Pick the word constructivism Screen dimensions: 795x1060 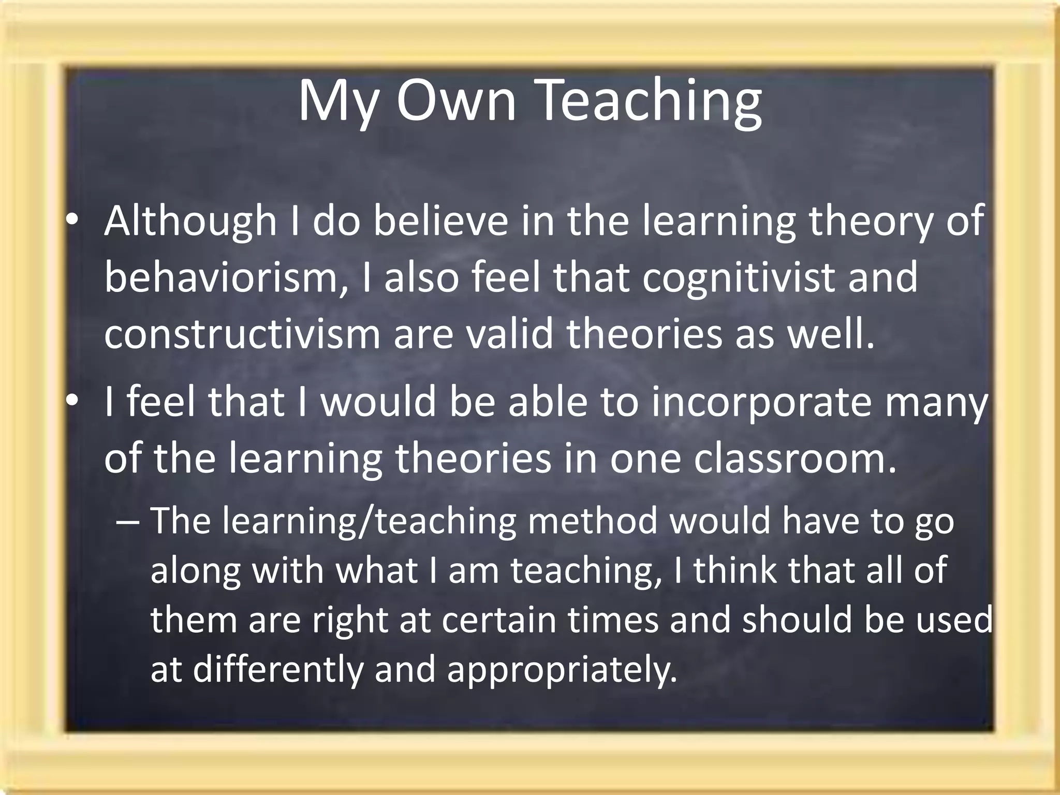[242, 334]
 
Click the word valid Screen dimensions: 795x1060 [510, 334]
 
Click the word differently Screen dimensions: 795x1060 [278, 669]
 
